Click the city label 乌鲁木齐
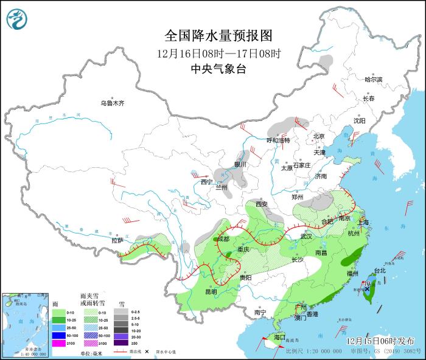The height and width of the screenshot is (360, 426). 112,103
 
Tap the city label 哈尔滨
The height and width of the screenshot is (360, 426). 373,80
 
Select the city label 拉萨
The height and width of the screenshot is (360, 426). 117,241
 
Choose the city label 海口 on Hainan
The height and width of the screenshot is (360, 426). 279,337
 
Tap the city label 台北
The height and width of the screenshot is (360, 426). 379,270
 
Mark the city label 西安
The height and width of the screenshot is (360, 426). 262,204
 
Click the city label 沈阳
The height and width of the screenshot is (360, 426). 359,121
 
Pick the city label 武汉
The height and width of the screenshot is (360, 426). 306,236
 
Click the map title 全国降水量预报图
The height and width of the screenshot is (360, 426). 217,35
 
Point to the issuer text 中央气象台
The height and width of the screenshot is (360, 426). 217,69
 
